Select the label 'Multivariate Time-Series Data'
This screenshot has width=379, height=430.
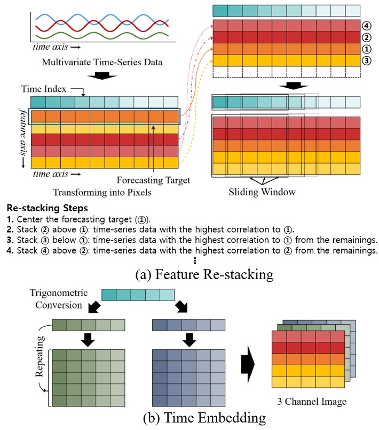(101, 63)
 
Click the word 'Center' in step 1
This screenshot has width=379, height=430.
(29, 219)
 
